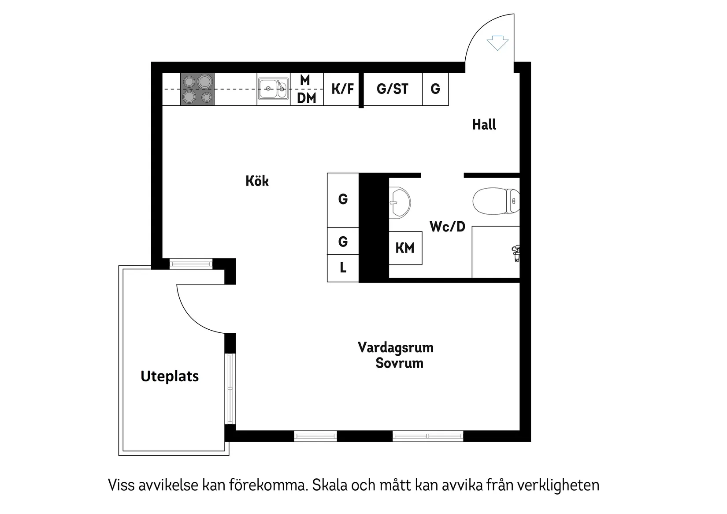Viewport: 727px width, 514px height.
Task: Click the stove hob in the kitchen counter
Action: [197, 89]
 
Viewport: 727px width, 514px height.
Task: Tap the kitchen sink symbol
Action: [273, 89]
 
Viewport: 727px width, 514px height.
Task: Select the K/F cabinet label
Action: [342, 89]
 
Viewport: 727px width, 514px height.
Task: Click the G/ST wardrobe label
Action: [392, 89]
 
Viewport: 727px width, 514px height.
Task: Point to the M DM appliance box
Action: [307, 89]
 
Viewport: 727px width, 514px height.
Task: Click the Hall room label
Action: [484, 125]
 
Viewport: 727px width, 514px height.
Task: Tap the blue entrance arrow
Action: [497, 43]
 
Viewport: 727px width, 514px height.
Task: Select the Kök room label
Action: [257, 181]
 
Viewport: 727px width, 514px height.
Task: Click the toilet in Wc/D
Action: [496, 201]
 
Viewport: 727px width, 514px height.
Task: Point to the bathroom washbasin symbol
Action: [399, 203]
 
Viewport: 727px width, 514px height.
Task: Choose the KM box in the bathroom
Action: [405, 248]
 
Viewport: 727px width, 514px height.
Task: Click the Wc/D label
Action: [447, 227]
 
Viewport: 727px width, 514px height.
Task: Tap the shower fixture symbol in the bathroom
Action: [516, 253]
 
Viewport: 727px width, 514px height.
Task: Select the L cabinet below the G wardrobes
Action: [343, 268]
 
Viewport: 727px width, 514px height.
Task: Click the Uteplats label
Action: [170, 376]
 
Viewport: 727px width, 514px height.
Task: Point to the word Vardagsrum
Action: [395, 348]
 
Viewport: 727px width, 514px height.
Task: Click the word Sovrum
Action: [399, 363]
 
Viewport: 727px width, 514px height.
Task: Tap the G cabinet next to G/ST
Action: [435, 89]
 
